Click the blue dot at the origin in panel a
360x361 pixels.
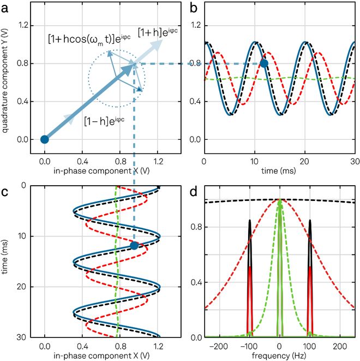(45, 139)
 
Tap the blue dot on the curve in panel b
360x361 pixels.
(264, 63)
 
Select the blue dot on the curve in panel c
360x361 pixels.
(134, 246)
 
